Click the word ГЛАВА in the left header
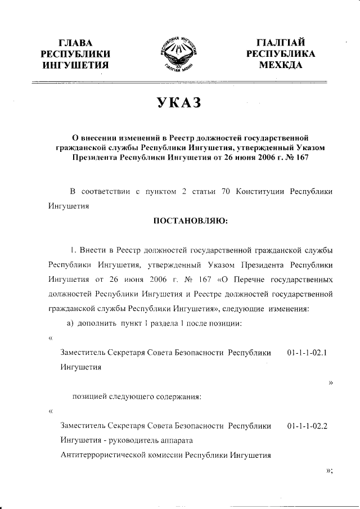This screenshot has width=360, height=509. coord(75,43)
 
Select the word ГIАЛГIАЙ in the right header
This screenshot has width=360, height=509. coord(280,43)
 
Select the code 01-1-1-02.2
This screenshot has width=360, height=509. coord(307,426)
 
